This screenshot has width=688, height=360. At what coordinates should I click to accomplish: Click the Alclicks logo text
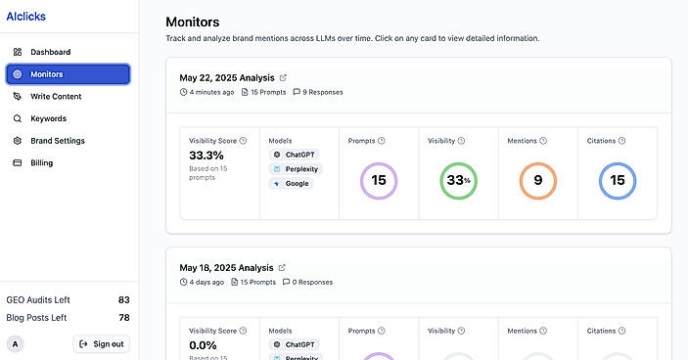click(25, 17)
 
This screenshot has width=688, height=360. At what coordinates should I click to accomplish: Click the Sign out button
click(102, 344)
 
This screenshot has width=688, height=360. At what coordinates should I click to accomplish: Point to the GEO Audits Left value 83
click(123, 300)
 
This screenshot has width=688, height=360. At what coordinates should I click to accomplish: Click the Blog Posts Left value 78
click(124, 318)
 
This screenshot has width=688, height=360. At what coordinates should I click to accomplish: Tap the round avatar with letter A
click(16, 344)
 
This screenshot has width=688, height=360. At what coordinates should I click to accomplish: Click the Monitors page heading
click(193, 22)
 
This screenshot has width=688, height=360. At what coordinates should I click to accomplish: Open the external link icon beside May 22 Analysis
click(283, 77)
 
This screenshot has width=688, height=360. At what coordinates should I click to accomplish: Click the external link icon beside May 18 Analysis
click(282, 267)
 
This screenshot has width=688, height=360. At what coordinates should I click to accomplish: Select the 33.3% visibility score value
click(206, 156)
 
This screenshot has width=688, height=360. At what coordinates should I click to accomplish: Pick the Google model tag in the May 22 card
click(291, 184)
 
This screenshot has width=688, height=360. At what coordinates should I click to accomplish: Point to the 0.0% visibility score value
click(203, 345)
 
